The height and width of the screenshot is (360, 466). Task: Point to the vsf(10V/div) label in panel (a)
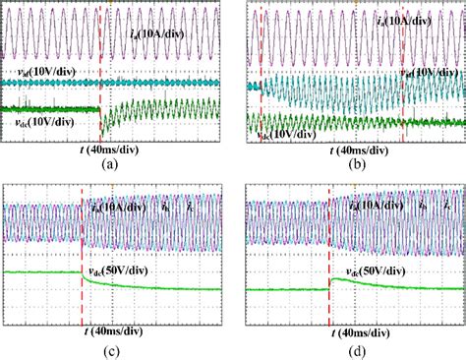click(x=39, y=74)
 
